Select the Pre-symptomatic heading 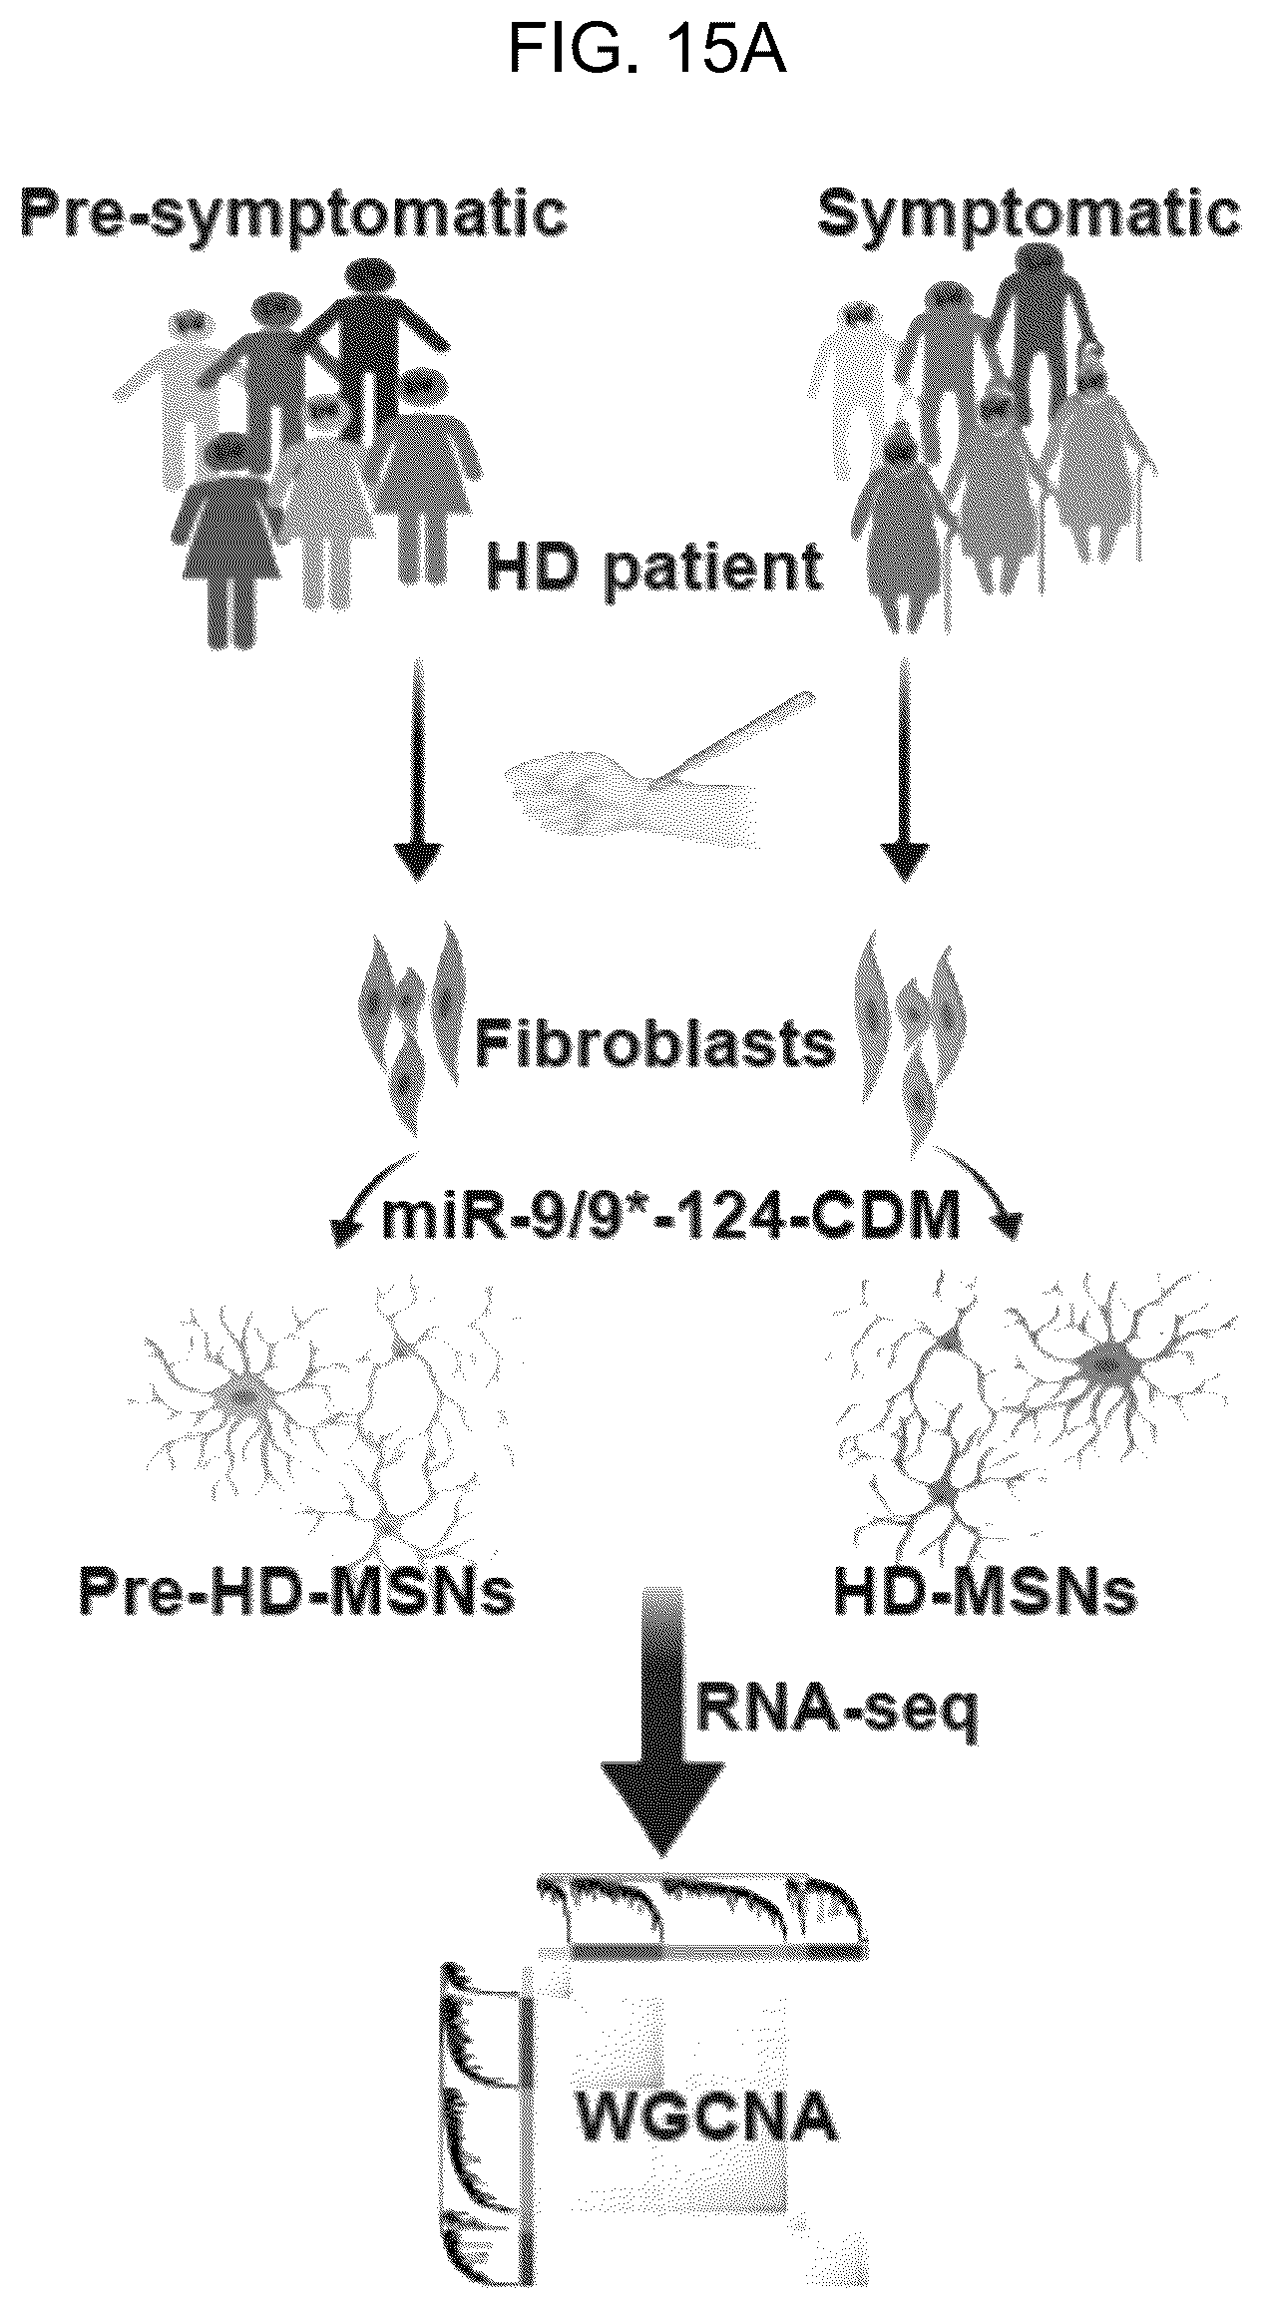tap(294, 213)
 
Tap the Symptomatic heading tap(1029, 213)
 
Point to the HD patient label tap(654, 567)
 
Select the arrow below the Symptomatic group tap(905, 767)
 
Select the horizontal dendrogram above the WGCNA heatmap tap(701, 1910)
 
